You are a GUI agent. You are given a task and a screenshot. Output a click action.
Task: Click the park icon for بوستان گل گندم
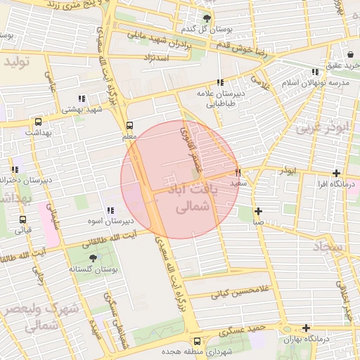[x=207, y=19]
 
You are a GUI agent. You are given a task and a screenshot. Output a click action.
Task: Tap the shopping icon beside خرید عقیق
[x=350, y=54]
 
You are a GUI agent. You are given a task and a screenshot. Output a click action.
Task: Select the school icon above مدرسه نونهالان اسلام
[x=314, y=72]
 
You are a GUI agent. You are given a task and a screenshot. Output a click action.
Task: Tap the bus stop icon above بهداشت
[x=38, y=120]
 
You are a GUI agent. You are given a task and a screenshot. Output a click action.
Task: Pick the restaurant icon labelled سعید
[x=238, y=172]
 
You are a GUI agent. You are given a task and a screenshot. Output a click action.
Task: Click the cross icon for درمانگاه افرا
[x=337, y=173]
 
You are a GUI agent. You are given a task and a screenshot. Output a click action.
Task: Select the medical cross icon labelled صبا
[x=259, y=211]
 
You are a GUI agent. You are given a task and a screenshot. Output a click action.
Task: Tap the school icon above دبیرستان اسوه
[x=110, y=210]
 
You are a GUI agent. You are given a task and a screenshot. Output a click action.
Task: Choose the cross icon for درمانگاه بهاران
[x=306, y=328]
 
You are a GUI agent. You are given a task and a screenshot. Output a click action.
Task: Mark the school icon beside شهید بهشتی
[x=82, y=98]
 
